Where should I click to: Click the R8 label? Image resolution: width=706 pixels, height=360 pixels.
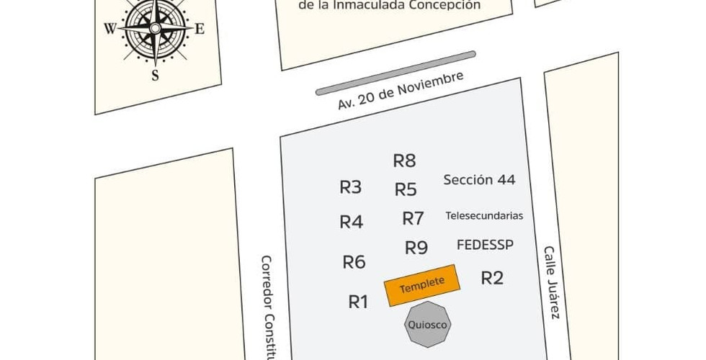404,161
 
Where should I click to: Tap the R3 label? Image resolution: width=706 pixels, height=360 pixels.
350,188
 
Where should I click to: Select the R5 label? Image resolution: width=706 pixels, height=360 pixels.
406,190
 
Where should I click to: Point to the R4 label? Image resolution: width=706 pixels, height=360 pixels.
351,222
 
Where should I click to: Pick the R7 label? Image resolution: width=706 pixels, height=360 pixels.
413,218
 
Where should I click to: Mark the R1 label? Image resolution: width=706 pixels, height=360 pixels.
358,302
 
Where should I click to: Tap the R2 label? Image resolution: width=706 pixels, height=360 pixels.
492,278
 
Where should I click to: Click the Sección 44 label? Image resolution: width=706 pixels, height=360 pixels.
479,180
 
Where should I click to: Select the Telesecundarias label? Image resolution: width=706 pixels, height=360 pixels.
484,215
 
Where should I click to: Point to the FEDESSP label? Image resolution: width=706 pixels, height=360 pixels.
485,245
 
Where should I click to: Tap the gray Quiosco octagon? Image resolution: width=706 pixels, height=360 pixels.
428,325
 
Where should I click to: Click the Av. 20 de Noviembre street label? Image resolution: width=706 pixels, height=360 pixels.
400,91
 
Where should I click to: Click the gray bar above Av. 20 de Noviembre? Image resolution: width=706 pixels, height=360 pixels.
396,72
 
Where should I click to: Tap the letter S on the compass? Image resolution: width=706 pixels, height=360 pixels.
155,75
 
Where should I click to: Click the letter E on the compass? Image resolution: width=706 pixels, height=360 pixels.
200,30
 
